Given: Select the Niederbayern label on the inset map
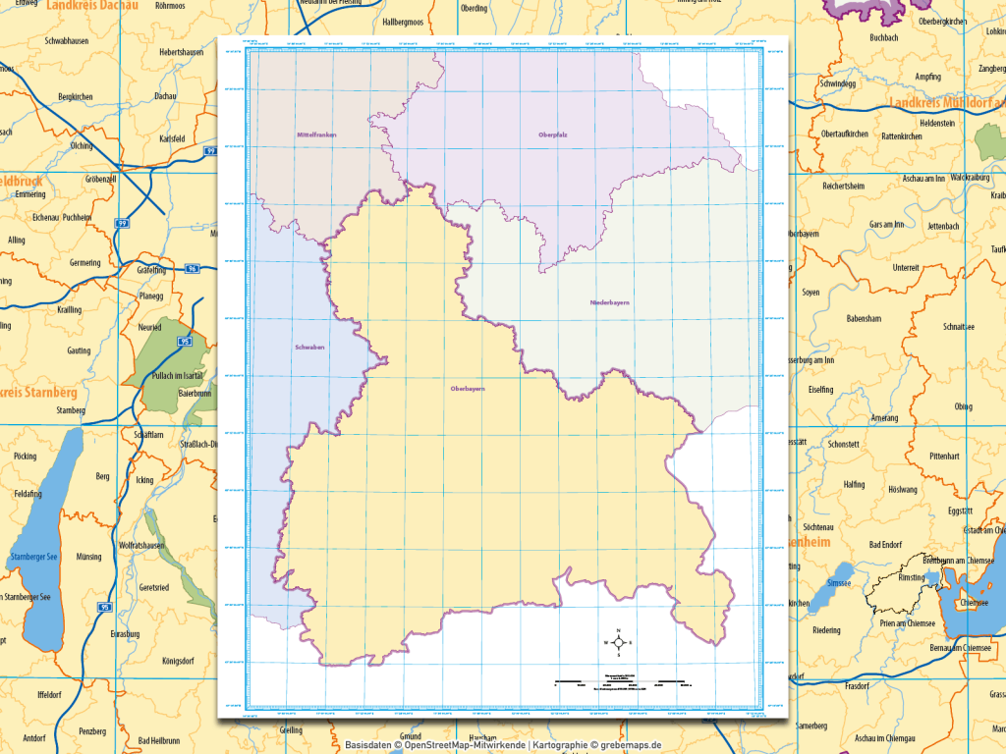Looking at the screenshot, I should click(609, 302).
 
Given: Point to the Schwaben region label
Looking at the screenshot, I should click(308, 348).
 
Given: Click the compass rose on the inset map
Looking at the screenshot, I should click(618, 643).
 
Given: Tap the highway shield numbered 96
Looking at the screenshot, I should click(193, 267).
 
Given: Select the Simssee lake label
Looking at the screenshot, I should click(839, 582).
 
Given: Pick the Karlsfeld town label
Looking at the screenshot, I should click(171, 139).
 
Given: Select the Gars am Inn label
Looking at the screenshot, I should click(892, 225).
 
